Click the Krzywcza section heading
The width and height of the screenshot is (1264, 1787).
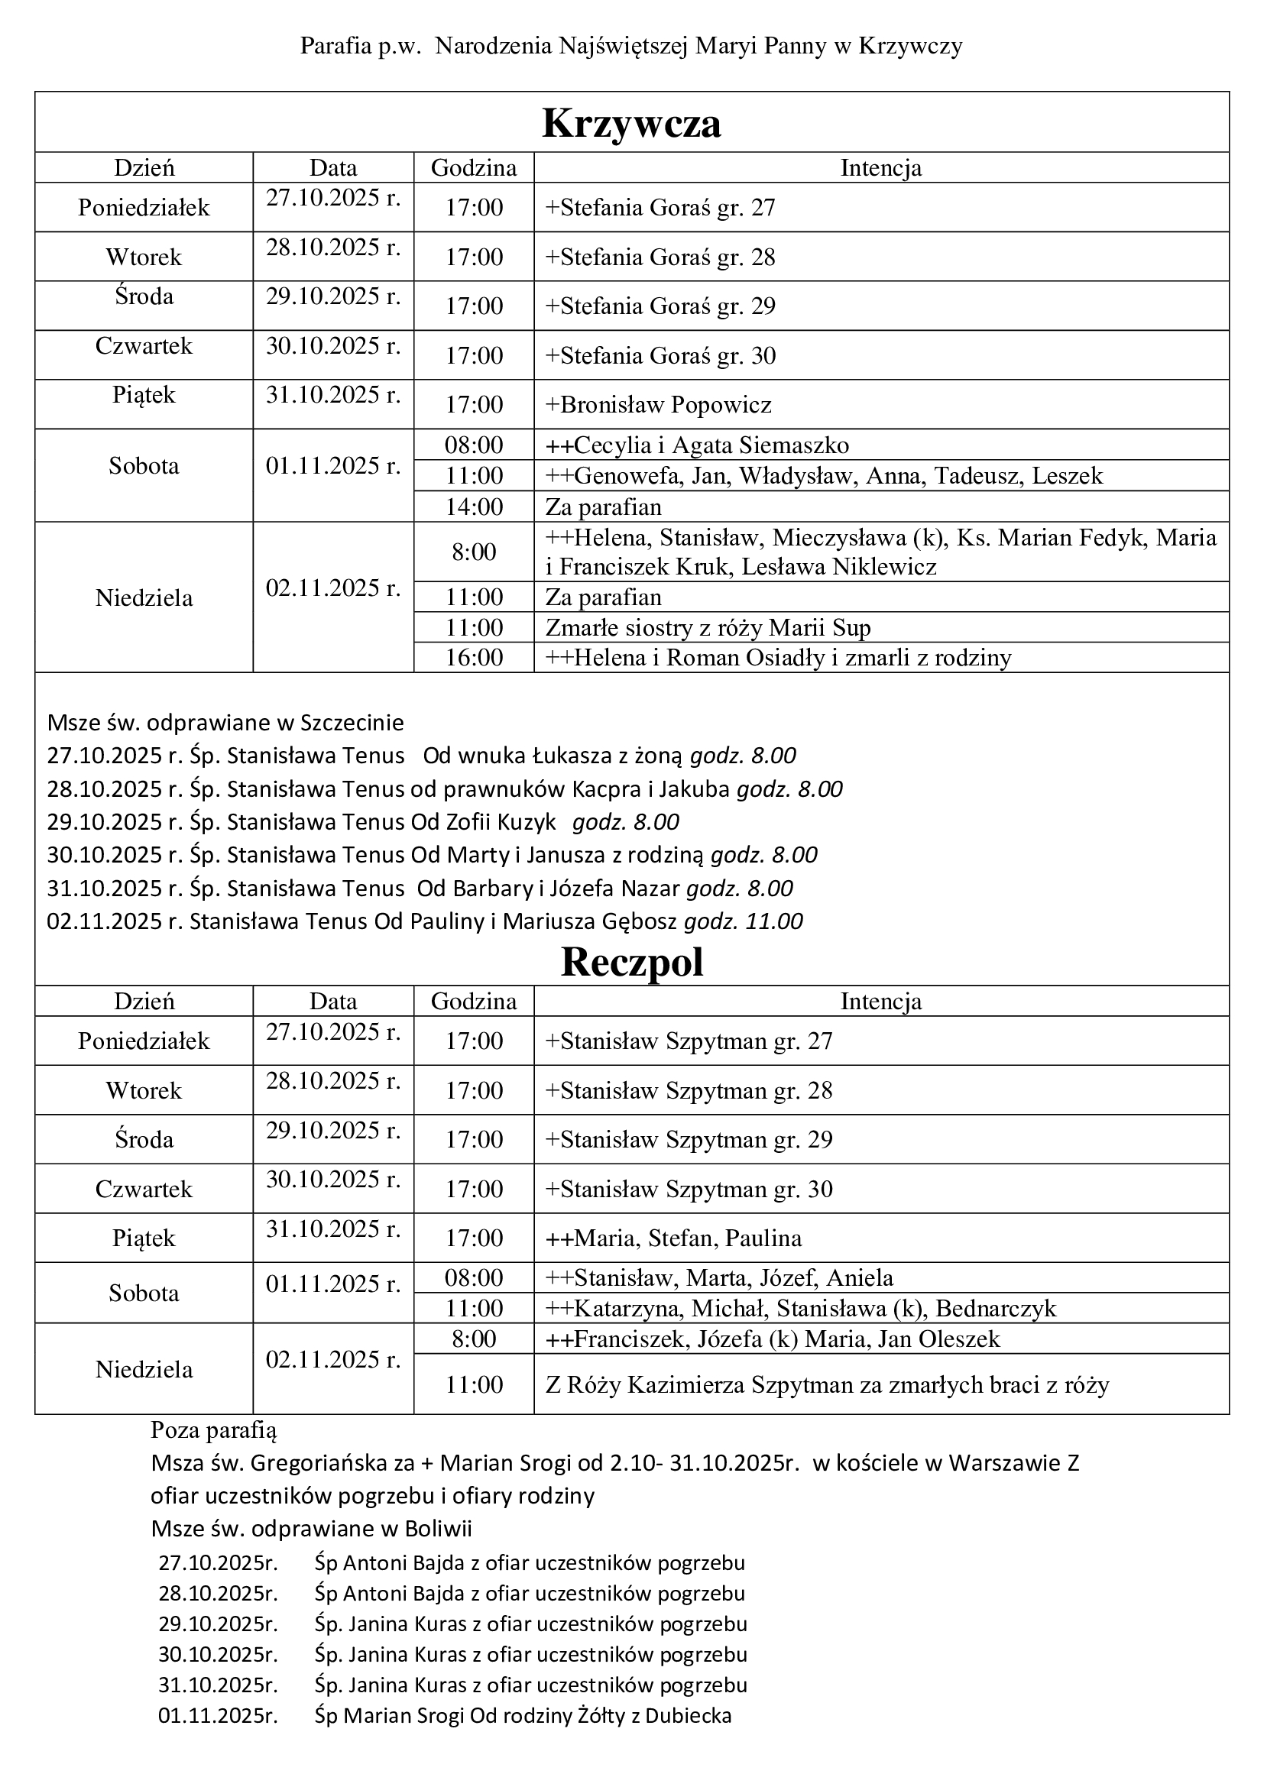pos(631,123)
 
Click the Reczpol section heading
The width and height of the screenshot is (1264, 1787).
pos(631,962)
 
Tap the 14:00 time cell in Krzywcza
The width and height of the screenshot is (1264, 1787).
pos(474,507)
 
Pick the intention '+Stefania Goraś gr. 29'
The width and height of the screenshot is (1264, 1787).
pos(660,306)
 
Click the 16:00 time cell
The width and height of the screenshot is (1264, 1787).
pos(474,658)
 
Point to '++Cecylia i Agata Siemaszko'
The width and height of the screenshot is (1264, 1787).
pos(697,445)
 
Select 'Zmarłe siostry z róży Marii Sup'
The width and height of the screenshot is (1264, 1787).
pos(708,627)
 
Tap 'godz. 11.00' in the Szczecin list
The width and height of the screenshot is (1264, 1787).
pos(744,921)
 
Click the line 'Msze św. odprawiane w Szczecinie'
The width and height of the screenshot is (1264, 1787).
pos(225,723)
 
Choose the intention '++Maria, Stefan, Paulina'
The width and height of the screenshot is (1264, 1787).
pos(674,1238)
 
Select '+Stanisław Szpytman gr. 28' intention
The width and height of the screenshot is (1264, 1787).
pos(689,1090)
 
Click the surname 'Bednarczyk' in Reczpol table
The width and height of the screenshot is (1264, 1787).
pos(996,1308)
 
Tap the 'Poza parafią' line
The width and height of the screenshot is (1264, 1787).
pos(214,1429)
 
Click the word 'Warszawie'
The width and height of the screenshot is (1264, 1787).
pos(1006,1463)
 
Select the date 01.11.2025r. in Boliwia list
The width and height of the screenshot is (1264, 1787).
pos(218,1716)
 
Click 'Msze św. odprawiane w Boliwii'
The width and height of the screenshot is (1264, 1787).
pos(311,1529)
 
